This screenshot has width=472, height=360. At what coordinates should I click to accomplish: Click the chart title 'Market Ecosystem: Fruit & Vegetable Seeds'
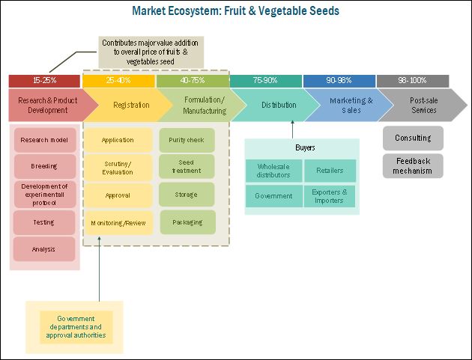235,11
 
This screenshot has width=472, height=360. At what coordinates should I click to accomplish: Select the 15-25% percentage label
43,80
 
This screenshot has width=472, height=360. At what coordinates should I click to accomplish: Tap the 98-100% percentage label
411,80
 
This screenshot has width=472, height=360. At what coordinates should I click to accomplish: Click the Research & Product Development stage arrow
43,105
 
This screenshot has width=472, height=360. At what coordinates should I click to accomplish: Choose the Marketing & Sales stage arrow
341,105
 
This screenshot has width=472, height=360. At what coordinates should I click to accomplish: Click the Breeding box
44,165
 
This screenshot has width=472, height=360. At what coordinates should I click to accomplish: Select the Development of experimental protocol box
44,194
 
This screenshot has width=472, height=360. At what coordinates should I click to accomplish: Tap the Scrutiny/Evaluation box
118,167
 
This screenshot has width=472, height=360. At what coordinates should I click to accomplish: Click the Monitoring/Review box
118,222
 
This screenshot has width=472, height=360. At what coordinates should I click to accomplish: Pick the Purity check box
187,139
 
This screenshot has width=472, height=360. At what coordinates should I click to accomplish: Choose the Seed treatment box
187,166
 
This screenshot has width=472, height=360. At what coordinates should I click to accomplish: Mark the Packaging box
187,222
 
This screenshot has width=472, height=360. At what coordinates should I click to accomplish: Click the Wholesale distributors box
273,171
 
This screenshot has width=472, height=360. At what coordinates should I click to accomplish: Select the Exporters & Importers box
330,196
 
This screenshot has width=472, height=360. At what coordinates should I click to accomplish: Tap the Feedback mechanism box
413,165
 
